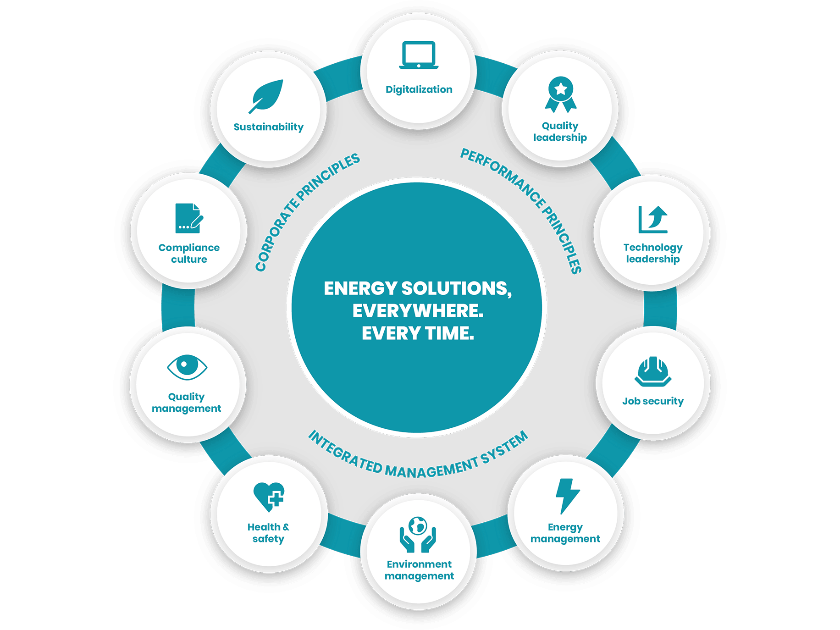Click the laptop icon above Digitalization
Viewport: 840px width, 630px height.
pos(419,55)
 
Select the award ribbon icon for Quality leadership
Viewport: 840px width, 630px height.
pos(560,94)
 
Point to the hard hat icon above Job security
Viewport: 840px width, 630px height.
pos(653,371)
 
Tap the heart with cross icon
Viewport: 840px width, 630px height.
pos(269,497)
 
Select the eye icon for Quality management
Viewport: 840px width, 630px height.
pos(187,367)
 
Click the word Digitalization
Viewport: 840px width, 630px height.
pos(419,89)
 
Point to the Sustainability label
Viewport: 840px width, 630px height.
pos(268,127)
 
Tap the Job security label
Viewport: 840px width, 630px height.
pos(653,401)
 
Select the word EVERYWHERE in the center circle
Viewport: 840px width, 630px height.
pos(417,311)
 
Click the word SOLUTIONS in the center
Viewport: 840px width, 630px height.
pos(456,288)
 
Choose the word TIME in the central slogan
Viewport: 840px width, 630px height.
pos(449,333)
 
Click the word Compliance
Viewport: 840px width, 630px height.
pos(189,248)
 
